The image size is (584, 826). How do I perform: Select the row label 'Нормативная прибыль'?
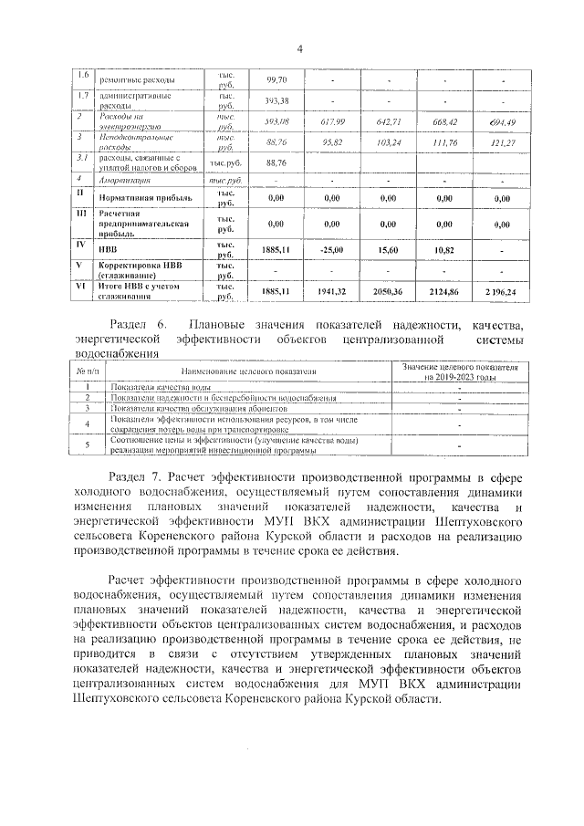pos(145,197)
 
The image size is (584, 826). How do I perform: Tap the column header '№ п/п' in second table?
pos(87,371)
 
